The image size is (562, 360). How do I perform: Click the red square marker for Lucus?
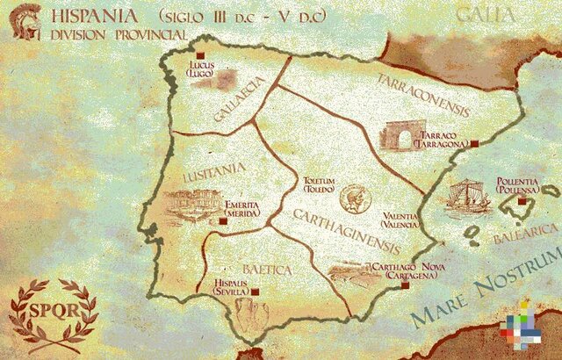pos(211,56)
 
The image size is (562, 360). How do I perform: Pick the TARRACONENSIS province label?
pos(424,97)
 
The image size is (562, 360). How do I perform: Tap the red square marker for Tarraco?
pos(474,141)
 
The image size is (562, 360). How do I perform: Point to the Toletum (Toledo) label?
pos(320,183)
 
